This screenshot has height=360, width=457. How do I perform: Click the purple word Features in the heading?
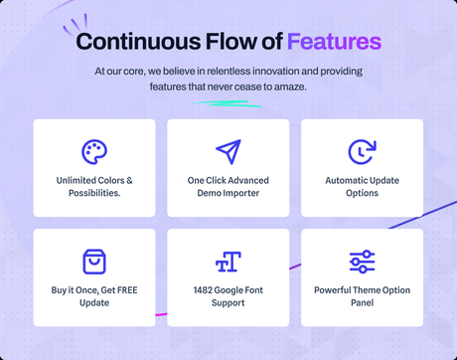pyautogui.click(x=334, y=42)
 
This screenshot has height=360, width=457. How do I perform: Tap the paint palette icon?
pyautogui.click(x=94, y=151)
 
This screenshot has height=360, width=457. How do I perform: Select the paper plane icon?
pyautogui.click(x=228, y=151)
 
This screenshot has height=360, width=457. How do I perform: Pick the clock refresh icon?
pyautogui.click(x=362, y=151)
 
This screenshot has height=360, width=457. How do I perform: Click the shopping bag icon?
pyautogui.click(x=94, y=262)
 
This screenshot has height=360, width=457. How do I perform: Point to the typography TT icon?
pyautogui.click(x=228, y=262)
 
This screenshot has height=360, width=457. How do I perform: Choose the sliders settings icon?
pyautogui.click(x=362, y=262)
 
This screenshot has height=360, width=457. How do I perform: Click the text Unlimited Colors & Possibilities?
pyautogui.click(x=94, y=186)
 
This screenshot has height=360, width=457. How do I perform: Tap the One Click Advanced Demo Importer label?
pyautogui.click(x=228, y=186)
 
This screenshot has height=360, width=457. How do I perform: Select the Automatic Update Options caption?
pyautogui.click(x=362, y=186)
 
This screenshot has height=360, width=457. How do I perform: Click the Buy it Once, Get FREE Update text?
pyautogui.click(x=94, y=295)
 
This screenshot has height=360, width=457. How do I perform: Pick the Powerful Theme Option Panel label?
pyautogui.click(x=362, y=295)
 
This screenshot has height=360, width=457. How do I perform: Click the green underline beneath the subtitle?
pyautogui.click(x=228, y=101)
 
